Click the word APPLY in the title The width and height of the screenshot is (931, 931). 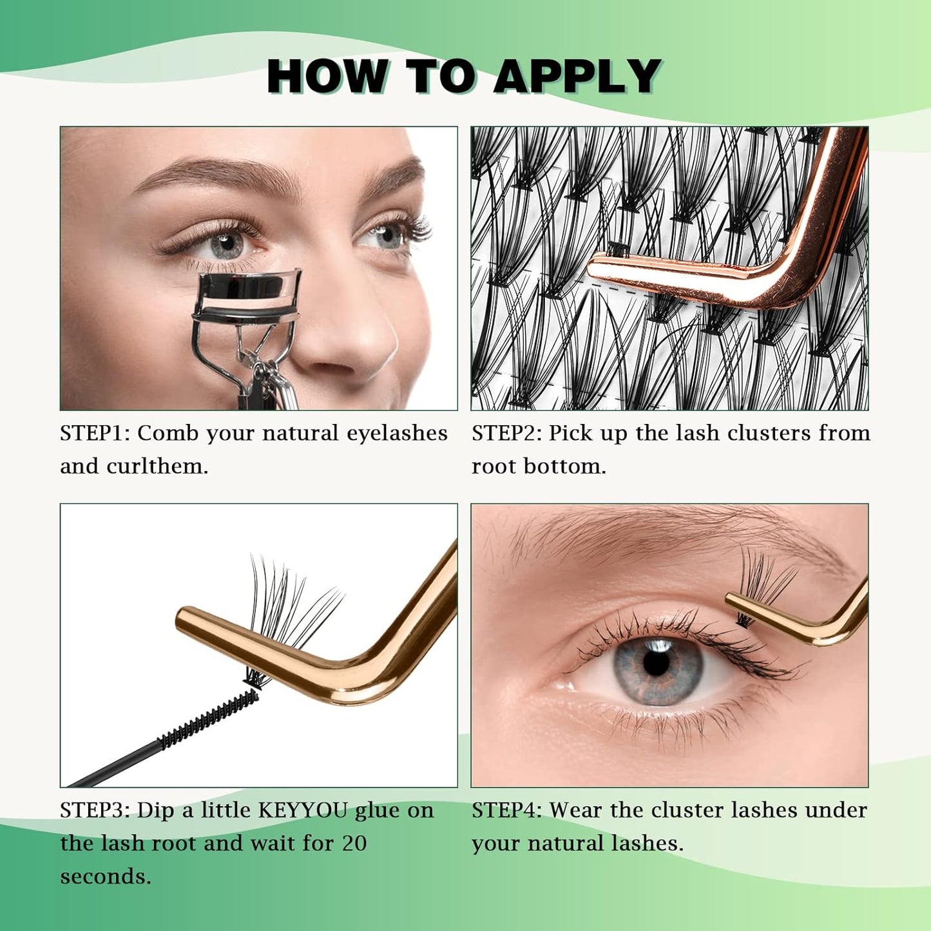point(577,77)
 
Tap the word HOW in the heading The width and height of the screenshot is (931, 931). point(327,77)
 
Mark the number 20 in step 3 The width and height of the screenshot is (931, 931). point(354,843)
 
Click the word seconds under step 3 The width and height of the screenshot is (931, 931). point(105,877)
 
